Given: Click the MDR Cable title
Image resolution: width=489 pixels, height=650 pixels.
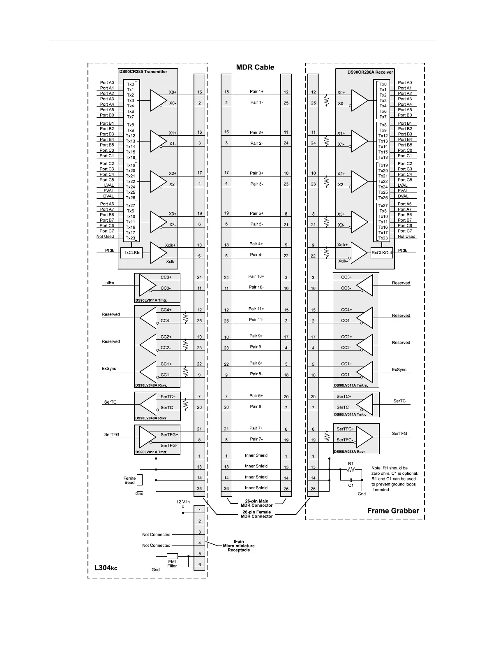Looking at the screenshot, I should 255,67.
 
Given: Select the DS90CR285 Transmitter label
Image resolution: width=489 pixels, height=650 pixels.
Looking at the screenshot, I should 143,72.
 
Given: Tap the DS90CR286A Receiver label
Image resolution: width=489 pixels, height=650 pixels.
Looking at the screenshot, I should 370,72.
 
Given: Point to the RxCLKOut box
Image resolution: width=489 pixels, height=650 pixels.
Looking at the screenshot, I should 382,253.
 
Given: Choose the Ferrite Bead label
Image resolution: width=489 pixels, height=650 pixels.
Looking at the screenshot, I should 129,481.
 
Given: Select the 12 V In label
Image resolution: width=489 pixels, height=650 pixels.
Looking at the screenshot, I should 183,502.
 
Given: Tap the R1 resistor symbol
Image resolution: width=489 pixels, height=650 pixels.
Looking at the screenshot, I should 351,469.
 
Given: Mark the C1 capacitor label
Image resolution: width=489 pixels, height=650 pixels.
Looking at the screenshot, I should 351,485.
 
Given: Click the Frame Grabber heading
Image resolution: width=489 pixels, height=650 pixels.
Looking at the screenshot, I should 393,511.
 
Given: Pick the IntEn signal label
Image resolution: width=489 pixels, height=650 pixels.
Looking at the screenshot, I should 109,283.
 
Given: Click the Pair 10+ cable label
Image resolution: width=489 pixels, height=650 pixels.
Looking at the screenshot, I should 256,276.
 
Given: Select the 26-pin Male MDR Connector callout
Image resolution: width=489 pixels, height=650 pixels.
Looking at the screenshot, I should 256,503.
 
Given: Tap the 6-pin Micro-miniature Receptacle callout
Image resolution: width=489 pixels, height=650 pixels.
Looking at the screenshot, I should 238,546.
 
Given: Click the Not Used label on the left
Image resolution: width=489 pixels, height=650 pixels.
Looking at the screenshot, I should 105,237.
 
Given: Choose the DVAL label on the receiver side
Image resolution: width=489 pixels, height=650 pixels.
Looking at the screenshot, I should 403,196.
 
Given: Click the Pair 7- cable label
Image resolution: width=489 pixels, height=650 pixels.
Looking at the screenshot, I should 256,439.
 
